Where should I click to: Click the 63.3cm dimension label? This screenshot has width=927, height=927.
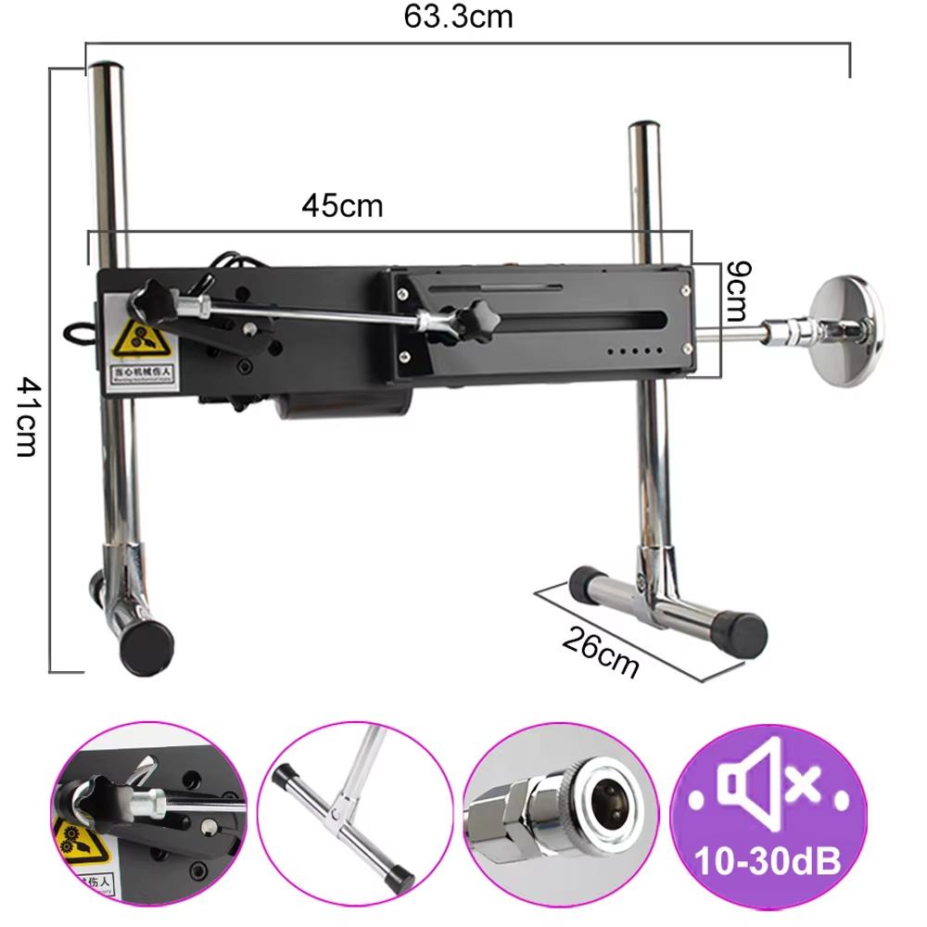click(x=457, y=17)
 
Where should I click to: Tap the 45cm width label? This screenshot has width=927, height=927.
click(x=341, y=205)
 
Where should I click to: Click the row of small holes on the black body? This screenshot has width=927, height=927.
click(x=638, y=352)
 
